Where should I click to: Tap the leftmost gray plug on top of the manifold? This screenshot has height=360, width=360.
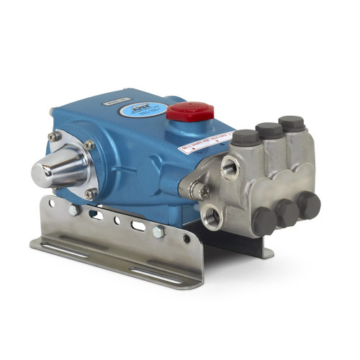point(246,137)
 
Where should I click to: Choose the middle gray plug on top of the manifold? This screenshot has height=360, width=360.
point(269,130)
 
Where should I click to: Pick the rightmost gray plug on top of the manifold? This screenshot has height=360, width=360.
point(291,123)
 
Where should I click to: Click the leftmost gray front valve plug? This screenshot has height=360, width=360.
point(264,221)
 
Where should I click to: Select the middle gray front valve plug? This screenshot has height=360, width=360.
point(287,213)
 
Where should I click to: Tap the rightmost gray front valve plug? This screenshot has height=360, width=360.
point(309,204)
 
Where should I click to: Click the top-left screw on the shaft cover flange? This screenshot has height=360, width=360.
point(53,136)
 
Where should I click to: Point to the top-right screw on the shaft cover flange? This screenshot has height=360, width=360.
point(89,145)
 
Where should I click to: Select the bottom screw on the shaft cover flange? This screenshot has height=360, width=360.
point(90,193)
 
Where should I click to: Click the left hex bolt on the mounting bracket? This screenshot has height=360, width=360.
point(74,210)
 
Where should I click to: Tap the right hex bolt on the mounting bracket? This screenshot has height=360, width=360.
point(158,231)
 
